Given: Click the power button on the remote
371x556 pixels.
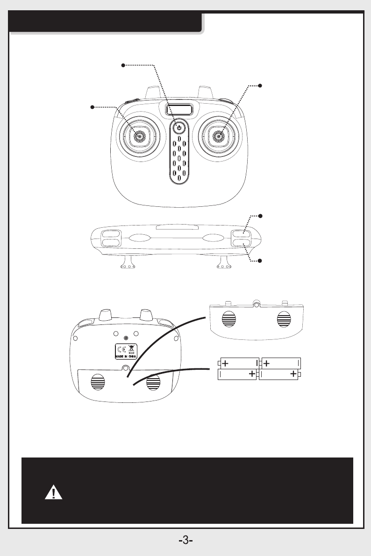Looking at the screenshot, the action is coord(179,127).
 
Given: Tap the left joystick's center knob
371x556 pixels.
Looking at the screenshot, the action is coord(138,135).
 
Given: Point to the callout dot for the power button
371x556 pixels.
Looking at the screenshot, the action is coord(123,65).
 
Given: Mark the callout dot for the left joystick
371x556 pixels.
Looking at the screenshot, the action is coord(93,107).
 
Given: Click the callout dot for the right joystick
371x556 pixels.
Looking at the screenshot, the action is coord(260,85).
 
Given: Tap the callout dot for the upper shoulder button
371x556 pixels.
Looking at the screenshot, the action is coord(260,216).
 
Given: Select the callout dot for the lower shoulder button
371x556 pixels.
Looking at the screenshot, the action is coord(260,260).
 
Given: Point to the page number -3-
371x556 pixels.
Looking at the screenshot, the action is coord(185,541).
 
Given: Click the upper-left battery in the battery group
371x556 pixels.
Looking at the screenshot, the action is coord(238,363).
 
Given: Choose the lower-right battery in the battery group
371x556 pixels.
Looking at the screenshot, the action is coord(279,374).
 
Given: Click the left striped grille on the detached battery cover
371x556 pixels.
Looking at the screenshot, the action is coord(229,319).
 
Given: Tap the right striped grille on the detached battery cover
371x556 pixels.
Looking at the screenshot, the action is coord(284,319).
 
